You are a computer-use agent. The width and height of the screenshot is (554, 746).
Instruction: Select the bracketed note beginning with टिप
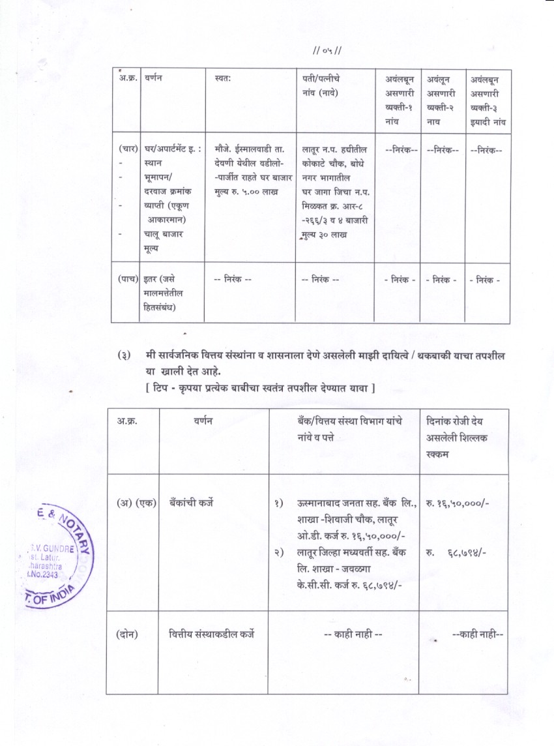pyautogui.click(x=259, y=389)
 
